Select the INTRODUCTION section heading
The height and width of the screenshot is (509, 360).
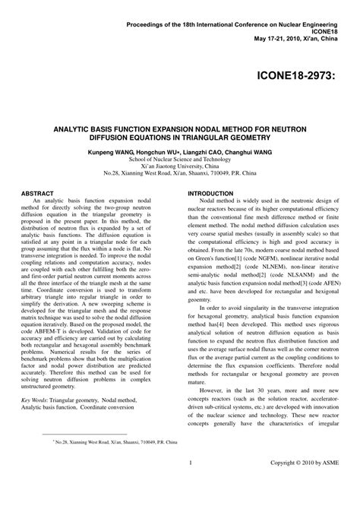pyautogui.click(x=210, y=194)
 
